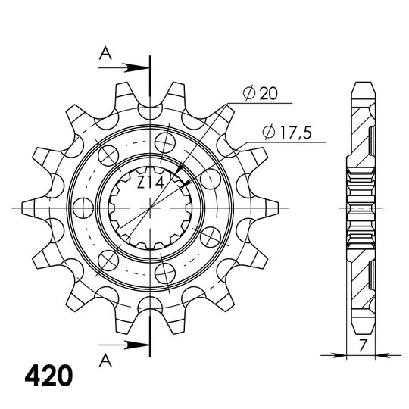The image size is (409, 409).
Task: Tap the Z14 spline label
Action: [x=149, y=182]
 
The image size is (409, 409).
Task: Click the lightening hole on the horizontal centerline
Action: [x=82, y=206]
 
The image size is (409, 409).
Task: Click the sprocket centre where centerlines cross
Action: [x=151, y=206]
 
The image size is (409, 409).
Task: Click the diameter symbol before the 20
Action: [x=247, y=94]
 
